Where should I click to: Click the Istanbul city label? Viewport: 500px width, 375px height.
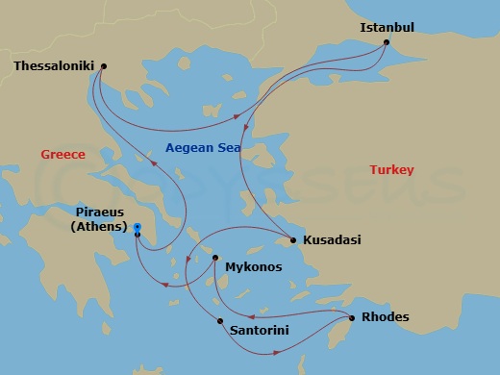[387, 27]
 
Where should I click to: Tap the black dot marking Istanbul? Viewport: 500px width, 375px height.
[386, 42]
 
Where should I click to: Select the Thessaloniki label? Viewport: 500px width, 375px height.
[54, 66]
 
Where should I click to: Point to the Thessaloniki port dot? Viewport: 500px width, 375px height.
[103, 66]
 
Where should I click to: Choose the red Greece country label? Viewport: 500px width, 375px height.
[63, 154]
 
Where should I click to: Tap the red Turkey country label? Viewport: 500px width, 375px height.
[391, 170]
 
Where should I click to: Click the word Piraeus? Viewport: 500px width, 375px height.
[101, 212]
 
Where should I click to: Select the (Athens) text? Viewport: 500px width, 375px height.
[100, 227]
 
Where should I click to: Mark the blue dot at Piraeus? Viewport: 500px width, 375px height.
[137, 227]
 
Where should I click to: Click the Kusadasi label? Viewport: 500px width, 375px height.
[332, 240]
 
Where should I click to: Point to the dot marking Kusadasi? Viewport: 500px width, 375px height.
[293, 240]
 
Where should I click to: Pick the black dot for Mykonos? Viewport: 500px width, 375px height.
[215, 258]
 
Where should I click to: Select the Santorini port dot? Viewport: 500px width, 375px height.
[220, 320]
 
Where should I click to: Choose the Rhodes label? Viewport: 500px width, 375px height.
[385, 318]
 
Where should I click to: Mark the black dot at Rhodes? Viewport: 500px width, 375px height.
[352, 315]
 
